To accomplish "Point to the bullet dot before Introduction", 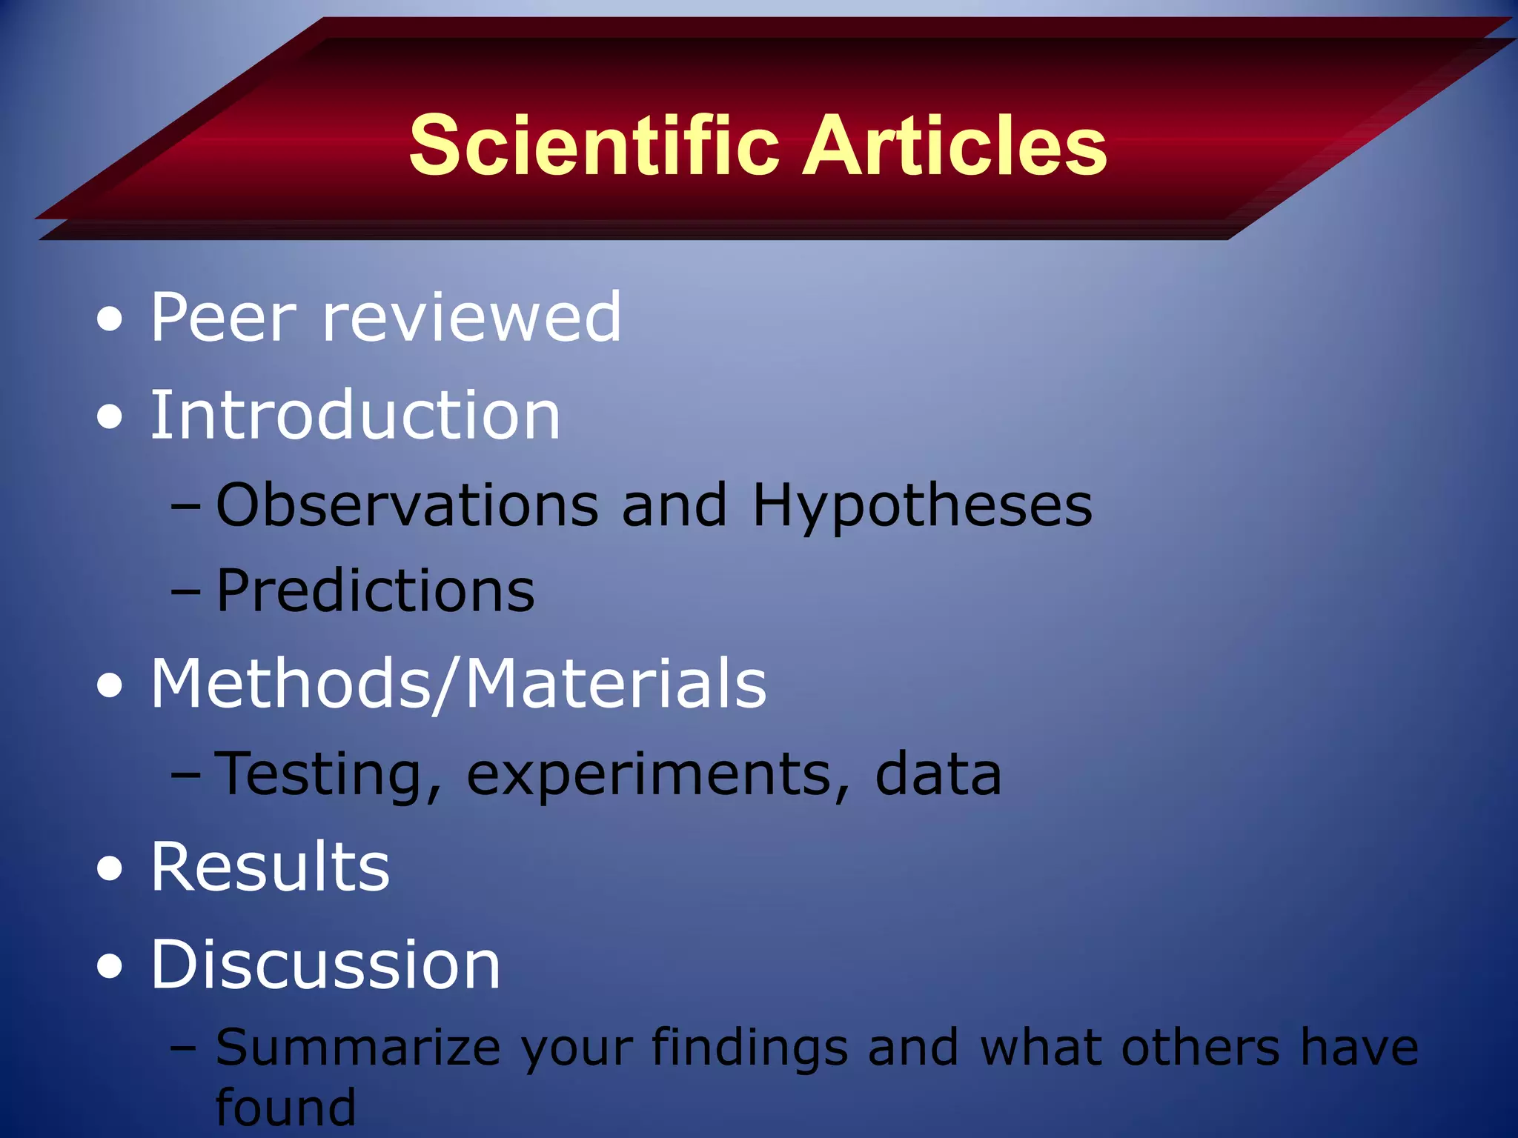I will [110, 416].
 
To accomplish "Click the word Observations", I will [407, 505].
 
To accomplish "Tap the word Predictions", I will [375, 591].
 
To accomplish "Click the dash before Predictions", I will [185, 593].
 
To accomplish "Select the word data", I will [938, 773].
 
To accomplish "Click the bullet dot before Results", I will [110, 868].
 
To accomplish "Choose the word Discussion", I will [325, 965].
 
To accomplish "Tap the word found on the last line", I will [285, 1108].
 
